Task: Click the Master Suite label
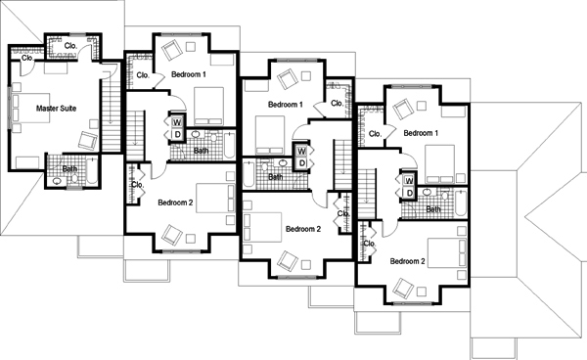click(56, 109)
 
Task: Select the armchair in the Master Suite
click(88, 140)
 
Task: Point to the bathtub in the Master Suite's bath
click(92, 171)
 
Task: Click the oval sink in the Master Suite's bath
click(57, 181)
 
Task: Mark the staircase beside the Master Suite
click(112, 108)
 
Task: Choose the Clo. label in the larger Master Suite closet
click(70, 46)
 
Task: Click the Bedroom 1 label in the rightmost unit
click(421, 133)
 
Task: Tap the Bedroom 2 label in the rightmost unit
click(407, 261)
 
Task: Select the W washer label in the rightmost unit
click(409, 181)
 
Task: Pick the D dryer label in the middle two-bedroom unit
click(301, 163)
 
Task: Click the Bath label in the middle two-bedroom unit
click(276, 177)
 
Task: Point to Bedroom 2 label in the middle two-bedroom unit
click(303, 229)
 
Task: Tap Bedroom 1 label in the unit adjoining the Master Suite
click(189, 74)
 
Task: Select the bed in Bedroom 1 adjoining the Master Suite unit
click(208, 107)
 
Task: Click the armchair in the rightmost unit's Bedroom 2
click(403, 288)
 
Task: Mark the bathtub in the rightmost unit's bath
click(461, 202)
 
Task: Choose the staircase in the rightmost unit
click(367, 194)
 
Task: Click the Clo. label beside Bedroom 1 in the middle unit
click(337, 103)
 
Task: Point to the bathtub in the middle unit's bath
click(248, 174)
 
